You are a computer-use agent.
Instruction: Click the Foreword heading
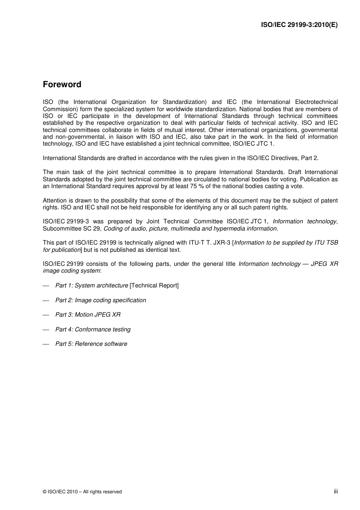pyautogui.click(x=62, y=85)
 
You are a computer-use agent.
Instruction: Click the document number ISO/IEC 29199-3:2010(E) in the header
pyautogui.click(x=299, y=25)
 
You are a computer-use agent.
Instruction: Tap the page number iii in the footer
pyautogui.click(x=336, y=491)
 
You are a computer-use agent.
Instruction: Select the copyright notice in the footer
pyautogui.click(x=82, y=492)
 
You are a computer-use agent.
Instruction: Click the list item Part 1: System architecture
pyautogui.click(x=91, y=286)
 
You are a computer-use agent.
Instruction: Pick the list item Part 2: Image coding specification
pyautogui.click(x=100, y=300)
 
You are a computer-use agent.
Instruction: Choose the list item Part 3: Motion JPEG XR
pyautogui.click(x=88, y=315)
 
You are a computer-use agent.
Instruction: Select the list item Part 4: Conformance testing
pyautogui.click(x=93, y=330)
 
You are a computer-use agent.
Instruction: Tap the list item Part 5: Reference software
pyautogui.click(x=91, y=344)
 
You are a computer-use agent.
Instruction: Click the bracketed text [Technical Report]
pyautogui.click(x=154, y=286)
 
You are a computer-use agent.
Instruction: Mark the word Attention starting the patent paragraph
pyautogui.click(x=55, y=201)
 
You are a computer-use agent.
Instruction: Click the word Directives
pyautogui.click(x=284, y=158)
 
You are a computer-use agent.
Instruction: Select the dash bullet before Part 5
pyautogui.click(x=46, y=344)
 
